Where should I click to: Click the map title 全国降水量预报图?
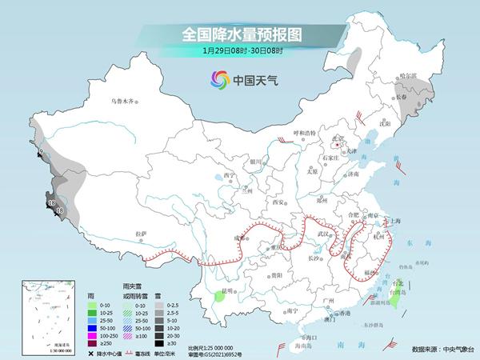click(239, 34)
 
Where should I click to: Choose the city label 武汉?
click(323, 233)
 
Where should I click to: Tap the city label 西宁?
click(230, 175)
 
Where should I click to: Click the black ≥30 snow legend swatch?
click(161, 342)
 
